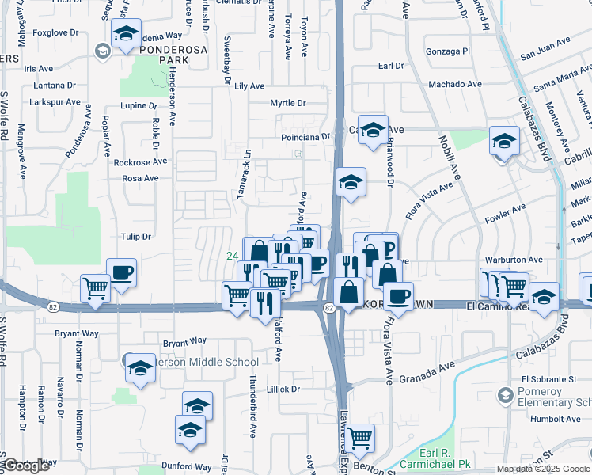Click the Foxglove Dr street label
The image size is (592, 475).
[x=58, y=33]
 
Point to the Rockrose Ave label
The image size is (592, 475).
[x=140, y=161]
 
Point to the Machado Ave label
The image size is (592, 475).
[x=454, y=84]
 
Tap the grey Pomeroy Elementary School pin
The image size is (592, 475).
[x=505, y=394]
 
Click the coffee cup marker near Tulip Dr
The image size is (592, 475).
[x=121, y=273]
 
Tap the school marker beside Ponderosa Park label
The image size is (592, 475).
[x=125, y=33]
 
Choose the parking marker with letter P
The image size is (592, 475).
[x=386, y=249]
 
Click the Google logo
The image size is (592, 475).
[x=26, y=465]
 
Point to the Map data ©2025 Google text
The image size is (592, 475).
[x=543, y=469]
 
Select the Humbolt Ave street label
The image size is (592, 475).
[x=556, y=419]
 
